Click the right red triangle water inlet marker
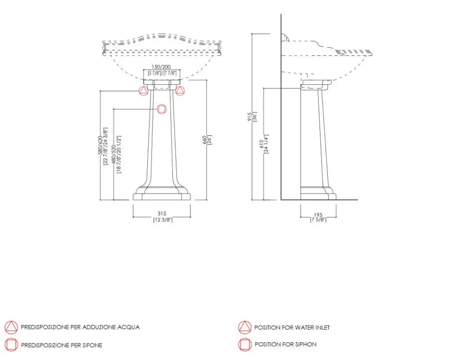coord(180,91)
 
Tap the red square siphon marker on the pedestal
coord(162,109)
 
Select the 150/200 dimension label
coord(161,67)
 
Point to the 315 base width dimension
coord(162,214)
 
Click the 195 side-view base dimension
coord(318,214)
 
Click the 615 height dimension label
coord(261,144)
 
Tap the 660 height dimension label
coord(205,140)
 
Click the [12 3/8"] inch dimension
coord(162,220)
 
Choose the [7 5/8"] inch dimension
coord(318,220)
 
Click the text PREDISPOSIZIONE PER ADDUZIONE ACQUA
coord(80,327)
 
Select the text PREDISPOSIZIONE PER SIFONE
coord(62,345)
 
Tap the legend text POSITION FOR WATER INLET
coord(292,327)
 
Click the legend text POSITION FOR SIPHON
coord(285,344)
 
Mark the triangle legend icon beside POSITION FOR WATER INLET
coord(245,327)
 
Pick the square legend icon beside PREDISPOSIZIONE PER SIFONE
coord(11,345)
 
